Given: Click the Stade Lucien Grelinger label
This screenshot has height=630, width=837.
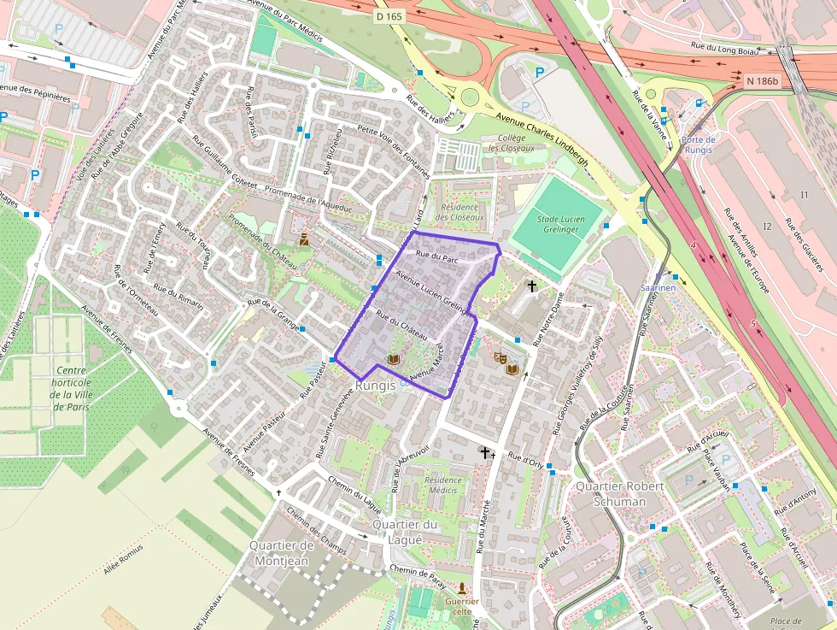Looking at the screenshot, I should coord(559,225).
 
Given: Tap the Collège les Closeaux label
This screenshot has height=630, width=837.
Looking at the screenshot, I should coord(512,142).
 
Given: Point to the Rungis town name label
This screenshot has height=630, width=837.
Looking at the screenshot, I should coord(376,386).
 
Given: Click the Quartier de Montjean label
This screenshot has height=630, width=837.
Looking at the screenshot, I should coord(282,552).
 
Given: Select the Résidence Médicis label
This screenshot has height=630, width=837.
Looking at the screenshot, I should coord(442,485).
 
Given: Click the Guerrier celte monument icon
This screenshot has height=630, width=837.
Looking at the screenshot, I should coord(462,589).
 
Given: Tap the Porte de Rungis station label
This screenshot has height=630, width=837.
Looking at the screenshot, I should coord(698,144).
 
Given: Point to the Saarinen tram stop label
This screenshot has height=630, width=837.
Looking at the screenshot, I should coord(658,288).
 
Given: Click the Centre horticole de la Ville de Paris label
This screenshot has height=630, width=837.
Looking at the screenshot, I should coord(72,388).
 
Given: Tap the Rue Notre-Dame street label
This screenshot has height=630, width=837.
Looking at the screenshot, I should coord(550,320).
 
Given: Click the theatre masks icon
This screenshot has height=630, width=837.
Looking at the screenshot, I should coord(500,357).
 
